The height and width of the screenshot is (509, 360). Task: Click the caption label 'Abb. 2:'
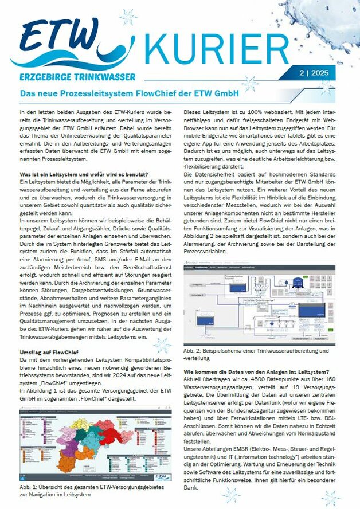193,350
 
